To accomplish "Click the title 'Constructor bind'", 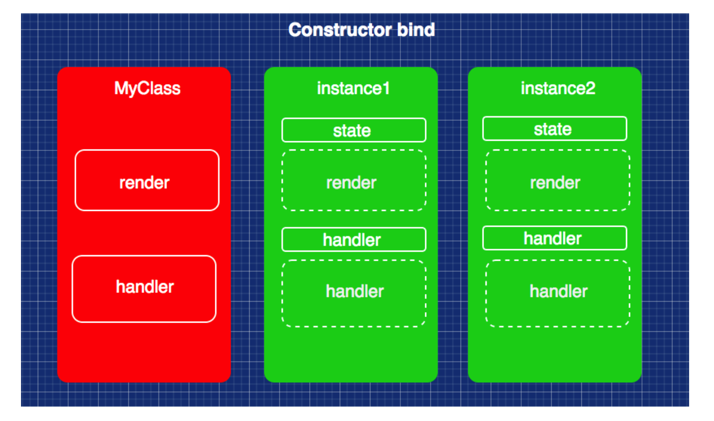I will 361,30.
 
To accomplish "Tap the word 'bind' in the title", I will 416,30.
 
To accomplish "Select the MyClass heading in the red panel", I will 147,88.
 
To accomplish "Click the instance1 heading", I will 353,88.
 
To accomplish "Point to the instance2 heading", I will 557,88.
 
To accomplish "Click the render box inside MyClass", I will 147,180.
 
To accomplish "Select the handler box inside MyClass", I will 144,289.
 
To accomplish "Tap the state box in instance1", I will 354,130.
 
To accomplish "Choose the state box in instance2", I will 555,129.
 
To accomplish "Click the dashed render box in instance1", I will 354,180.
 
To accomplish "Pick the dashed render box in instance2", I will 557,180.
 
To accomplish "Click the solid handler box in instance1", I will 354,240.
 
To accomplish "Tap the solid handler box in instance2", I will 555,238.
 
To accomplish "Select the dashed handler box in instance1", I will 354,294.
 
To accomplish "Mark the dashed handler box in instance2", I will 557,294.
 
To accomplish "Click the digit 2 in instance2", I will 590,88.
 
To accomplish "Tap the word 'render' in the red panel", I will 144,183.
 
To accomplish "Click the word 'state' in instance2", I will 552,129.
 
